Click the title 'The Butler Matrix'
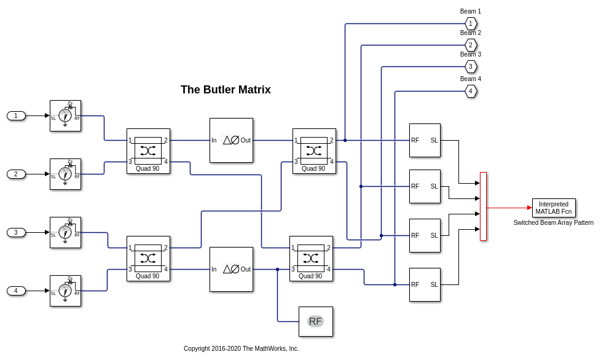(226, 90)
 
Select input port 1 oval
(16, 115)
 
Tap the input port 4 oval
(16, 291)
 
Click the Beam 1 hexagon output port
(471, 23)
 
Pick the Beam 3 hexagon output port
(471, 66)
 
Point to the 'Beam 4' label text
(471, 79)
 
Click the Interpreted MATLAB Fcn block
(554, 208)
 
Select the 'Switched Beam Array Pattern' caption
(554, 222)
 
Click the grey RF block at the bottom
(315, 321)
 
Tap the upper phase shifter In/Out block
(231, 140)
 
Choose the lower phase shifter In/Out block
(231, 269)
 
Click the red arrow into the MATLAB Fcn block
(509, 208)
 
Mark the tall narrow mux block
(483, 206)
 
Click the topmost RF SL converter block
(425, 140)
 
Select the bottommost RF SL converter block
(425, 284)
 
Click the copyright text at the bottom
(241, 348)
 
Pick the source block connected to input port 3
(65, 232)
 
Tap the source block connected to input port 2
(65, 174)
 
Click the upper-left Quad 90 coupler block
(148, 151)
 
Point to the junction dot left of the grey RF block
(277, 269)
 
